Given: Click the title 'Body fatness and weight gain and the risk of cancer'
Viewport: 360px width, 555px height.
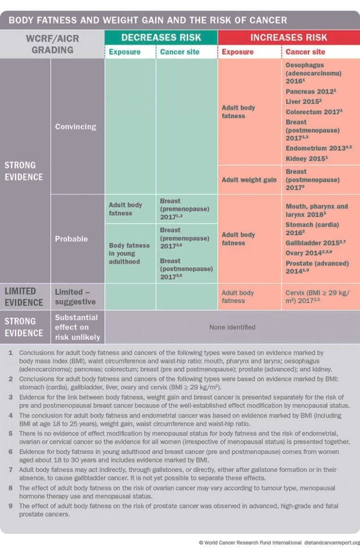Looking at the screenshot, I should (148, 20).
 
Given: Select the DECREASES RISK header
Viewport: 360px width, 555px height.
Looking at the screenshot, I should (161, 37).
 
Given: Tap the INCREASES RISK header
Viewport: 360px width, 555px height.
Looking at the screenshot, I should (288, 37).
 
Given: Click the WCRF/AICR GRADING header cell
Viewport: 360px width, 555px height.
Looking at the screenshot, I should (52, 44).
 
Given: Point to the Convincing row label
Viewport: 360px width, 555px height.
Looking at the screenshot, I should (76, 126).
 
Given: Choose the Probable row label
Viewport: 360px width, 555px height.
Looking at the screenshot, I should (71, 239).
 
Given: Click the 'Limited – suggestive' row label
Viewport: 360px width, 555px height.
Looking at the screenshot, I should (75, 297).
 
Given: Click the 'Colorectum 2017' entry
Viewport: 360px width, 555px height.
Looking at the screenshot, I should (314, 112).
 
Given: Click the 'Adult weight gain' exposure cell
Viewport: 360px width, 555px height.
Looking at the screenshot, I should (249, 179).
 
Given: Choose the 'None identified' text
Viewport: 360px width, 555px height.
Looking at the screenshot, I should (232, 327).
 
